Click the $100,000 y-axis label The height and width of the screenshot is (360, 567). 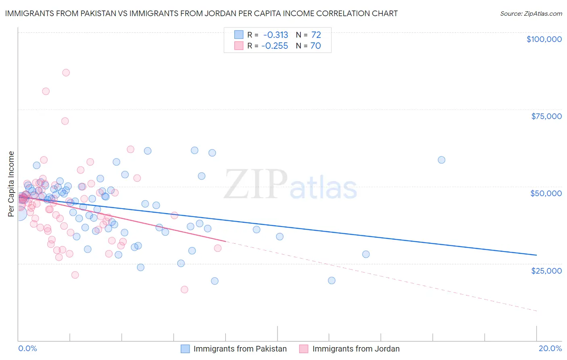click(544, 39)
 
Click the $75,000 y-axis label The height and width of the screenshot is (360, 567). click(546, 116)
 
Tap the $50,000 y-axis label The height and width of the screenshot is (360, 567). click(546, 193)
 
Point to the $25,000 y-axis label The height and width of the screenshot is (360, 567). click(546, 270)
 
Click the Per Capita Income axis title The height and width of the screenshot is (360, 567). click(11, 184)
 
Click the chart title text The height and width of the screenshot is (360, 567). click(201, 13)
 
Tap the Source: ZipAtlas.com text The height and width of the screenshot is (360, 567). click(531, 13)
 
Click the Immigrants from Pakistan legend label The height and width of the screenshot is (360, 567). click(240, 349)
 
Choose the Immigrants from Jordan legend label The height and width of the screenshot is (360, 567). click(356, 349)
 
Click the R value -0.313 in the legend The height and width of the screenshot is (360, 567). click(275, 35)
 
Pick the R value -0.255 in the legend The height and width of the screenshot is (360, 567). click(275, 46)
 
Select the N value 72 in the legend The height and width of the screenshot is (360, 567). click(316, 35)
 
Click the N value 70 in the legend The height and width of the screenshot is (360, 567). click(316, 46)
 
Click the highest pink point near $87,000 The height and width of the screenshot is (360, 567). click(66, 73)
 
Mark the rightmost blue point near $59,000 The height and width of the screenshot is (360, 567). click(442, 160)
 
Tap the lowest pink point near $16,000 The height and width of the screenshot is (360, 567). click(184, 289)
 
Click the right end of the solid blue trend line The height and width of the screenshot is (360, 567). click(536, 255)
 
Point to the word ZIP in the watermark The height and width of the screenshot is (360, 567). click(256, 184)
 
